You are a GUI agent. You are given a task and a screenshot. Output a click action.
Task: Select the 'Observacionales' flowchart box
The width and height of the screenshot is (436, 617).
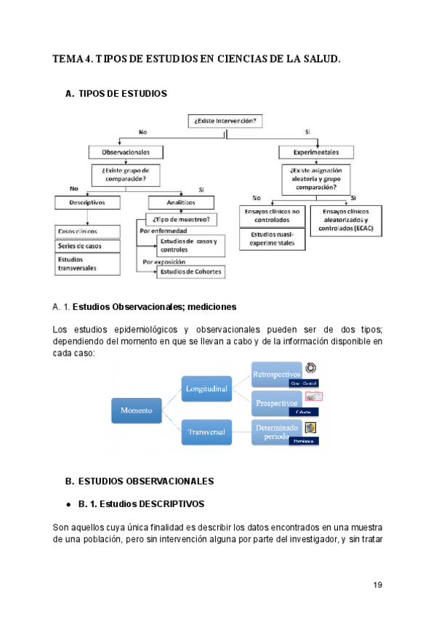(119, 152)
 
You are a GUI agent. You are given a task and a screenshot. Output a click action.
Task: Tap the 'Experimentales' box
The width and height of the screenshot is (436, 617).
(315, 152)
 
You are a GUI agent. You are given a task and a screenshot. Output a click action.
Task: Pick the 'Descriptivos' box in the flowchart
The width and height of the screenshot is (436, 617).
(82, 202)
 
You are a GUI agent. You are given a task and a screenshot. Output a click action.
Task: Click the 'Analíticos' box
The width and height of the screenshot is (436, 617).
(182, 203)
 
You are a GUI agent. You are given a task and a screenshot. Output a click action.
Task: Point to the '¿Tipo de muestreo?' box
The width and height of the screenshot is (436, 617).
(182, 218)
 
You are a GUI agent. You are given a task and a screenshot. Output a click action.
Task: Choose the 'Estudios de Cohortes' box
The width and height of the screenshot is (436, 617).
(192, 272)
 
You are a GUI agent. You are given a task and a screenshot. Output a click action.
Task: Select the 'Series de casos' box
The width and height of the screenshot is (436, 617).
(82, 246)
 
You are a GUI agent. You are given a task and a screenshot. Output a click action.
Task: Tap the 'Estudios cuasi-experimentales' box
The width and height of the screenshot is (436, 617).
(271, 239)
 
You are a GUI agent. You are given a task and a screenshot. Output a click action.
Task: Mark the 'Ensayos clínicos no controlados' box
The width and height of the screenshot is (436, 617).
(271, 215)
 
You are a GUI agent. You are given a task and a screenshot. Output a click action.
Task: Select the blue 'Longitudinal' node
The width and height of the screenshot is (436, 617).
(206, 389)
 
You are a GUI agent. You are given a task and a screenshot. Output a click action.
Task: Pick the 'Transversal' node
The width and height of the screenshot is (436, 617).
(206, 432)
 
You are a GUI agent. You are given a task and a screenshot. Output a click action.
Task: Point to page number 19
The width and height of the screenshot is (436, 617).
(377, 585)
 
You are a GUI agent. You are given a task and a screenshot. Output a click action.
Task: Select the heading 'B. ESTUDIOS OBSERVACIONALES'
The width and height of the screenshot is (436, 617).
(139, 481)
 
